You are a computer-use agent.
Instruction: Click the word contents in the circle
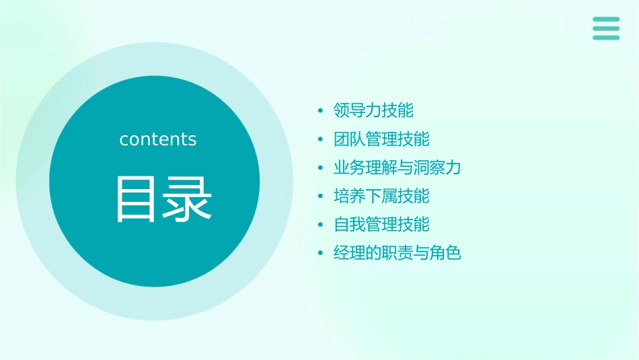click(158, 139)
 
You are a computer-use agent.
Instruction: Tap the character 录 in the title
click(188, 199)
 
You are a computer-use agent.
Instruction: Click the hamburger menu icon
click(606, 28)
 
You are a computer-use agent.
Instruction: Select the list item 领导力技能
click(373, 110)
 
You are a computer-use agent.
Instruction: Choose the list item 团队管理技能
click(381, 139)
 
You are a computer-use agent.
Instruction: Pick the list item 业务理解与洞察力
click(397, 168)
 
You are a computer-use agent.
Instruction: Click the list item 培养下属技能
click(381, 196)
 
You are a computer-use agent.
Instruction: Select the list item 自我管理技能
click(381, 225)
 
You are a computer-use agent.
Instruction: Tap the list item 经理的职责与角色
click(397, 254)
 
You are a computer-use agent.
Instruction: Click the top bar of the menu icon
click(606, 20)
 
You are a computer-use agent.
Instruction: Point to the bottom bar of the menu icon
click(606, 38)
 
